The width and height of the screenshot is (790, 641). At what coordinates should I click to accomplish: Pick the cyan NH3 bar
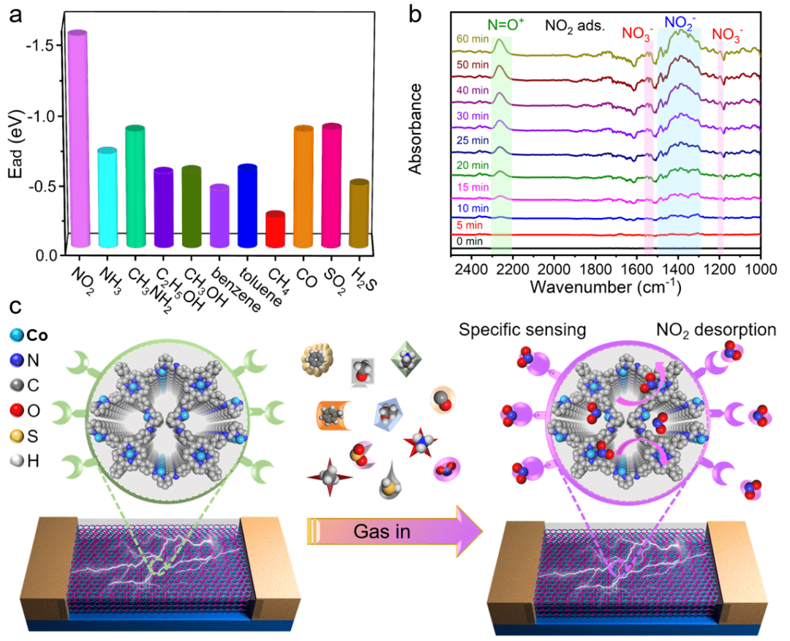point(108,198)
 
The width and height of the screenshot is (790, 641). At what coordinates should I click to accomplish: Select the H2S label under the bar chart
point(357,271)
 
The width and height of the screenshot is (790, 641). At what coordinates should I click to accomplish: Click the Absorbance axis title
point(416,128)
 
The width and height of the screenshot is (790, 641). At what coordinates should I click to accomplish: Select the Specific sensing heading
point(523,330)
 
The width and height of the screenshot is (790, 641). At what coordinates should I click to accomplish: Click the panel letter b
point(415,15)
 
